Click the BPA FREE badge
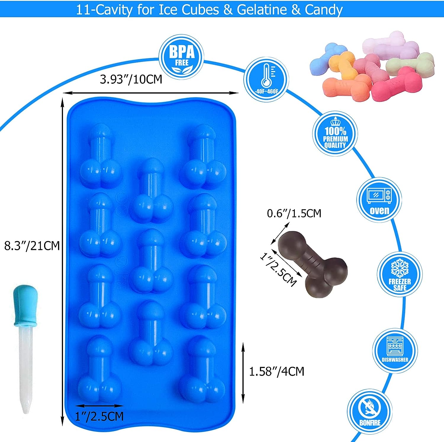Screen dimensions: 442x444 pyautogui.click(x=181, y=57)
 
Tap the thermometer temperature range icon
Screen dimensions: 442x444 pyautogui.click(x=266, y=79)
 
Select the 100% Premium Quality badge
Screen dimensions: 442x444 pyautogui.click(x=335, y=134)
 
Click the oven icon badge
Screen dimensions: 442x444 pyautogui.click(x=379, y=200)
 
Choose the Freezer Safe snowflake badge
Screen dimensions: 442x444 pyautogui.click(x=400, y=274)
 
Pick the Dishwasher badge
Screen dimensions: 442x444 pyautogui.click(x=395, y=351)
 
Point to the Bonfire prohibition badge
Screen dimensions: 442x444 pyautogui.click(x=370, y=412)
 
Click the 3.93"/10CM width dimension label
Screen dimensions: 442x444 pyautogui.click(x=131, y=79)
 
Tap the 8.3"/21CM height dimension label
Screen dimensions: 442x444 pyautogui.click(x=32, y=246)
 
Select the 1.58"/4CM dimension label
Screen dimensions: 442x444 pyautogui.click(x=276, y=371)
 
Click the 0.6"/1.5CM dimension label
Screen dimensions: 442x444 pyautogui.click(x=294, y=213)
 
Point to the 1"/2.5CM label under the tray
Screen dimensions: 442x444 pyautogui.click(x=99, y=417)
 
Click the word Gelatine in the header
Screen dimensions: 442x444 pyautogui.click(x=262, y=10)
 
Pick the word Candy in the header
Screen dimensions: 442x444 pyautogui.click(x=324, y=10)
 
